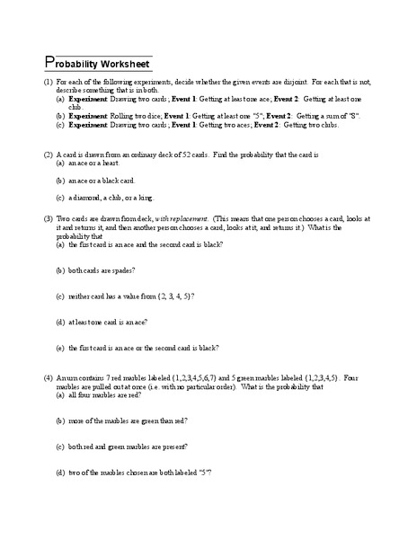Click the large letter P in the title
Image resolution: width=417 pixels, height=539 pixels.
point(49,63)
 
